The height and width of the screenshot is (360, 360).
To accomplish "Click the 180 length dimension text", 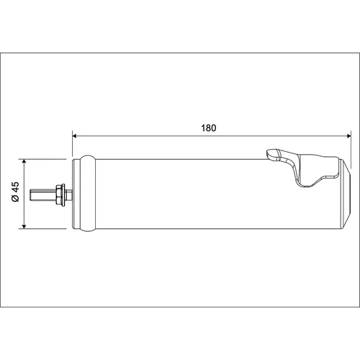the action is [209, 128].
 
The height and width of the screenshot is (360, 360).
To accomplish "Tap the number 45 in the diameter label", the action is [16, 187].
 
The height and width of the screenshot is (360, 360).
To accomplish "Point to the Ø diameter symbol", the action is [16, 198].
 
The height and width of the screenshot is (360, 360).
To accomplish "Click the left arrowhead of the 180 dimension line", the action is [74, 136].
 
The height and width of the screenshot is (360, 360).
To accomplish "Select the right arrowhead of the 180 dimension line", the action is [349, 136].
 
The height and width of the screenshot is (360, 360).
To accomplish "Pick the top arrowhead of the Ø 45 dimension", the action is [24, 161].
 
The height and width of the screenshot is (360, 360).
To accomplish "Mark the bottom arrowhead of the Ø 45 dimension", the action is [24, 227].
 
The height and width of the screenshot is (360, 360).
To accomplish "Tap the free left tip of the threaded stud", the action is [30, 194].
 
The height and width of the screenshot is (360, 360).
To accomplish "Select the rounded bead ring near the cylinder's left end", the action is [88, 193].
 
